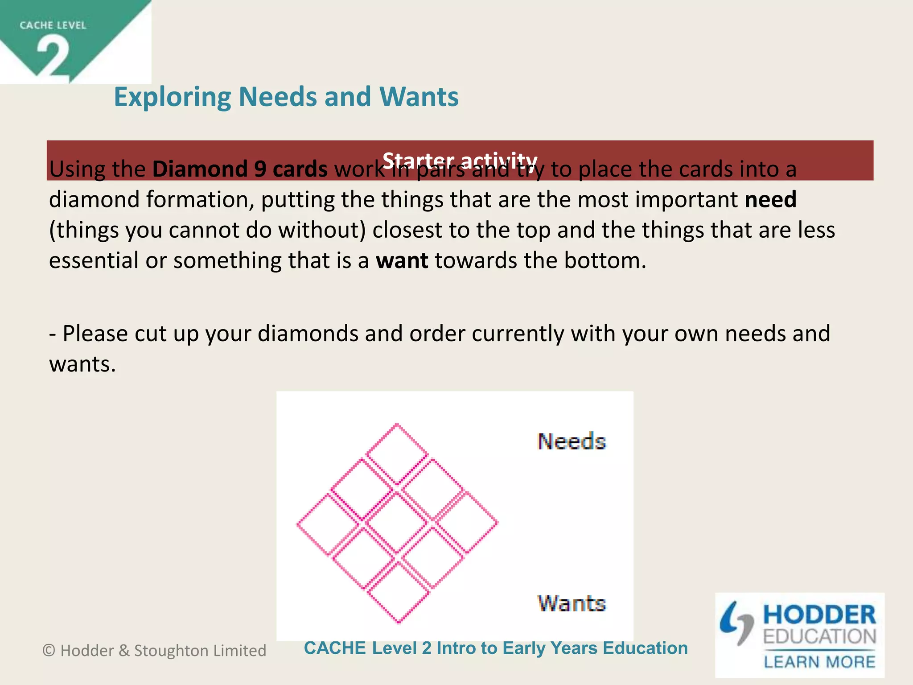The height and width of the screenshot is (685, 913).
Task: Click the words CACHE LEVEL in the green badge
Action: coord(53,25)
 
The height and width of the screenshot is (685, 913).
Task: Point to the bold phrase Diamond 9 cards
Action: coord(240,169)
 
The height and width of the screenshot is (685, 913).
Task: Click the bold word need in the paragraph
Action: coord(770,199)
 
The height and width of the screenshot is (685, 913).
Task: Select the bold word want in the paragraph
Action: coord(402,260)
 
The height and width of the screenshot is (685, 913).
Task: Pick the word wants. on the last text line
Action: coord(82,364)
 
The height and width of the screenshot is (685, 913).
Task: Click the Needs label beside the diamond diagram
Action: coord(572,442)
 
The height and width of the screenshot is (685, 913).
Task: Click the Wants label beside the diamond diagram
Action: coord(572,603)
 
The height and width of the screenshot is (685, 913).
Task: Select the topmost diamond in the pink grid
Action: coord(397,454)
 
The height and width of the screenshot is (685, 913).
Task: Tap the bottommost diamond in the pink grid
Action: coord(399,593)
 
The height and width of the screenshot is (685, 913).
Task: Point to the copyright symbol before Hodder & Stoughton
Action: coord(49,651)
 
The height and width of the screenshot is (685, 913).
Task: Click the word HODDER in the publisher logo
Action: coord(819,615)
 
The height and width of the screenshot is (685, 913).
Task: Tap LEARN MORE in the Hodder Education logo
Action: coord(819,661)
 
